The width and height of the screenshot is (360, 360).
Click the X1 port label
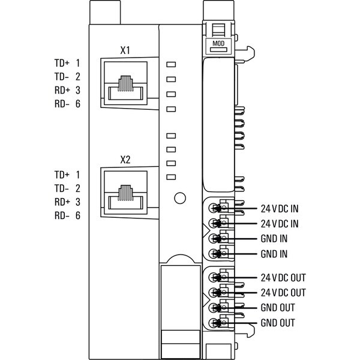click(x=125, y=50)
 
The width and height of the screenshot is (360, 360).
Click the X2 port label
click(x=125, y=160)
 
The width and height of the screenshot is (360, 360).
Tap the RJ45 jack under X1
click(x=125, y=83)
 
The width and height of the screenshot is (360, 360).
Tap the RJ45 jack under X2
click(x=125, y=193)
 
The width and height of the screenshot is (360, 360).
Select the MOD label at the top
click(x=218, y=43)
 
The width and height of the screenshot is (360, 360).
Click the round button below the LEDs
click(x=180, y=198)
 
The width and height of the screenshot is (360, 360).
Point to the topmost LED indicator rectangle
click(x=171, y=64)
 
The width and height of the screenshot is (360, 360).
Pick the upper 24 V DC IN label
click(x=280, y=209)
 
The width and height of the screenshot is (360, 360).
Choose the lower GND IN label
click(x=274, y=254)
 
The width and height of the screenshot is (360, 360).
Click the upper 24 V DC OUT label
click(x=283, y=278)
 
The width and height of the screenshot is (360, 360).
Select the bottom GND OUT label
click(x=278, y=323)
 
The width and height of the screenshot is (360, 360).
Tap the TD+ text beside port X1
click(x=62, y=63)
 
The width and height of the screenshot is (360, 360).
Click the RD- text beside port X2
click(x=62, y=215)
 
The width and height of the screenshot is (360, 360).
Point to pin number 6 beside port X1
click(x=78, y=104)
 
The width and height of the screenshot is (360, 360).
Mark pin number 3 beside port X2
click(x=78, y=202)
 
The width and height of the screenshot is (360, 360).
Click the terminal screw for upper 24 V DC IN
click(x=213, y=208)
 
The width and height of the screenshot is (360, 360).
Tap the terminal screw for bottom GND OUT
click(x=213, y=323)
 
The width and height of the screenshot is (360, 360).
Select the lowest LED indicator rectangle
click(x=171, y=177)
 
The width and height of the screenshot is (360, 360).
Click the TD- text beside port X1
click(x=62, y=77)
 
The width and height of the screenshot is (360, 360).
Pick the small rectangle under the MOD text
click(x=218, y=50)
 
